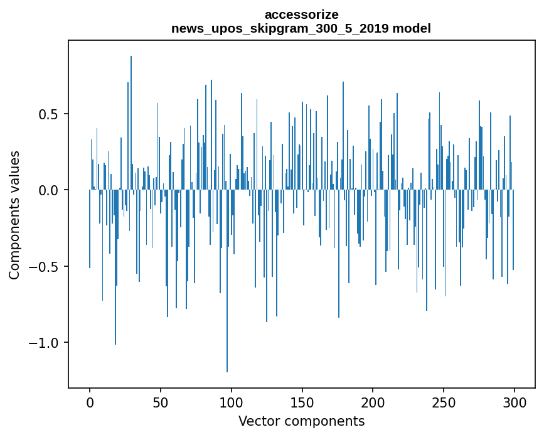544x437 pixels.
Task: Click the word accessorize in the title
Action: (x=301, y=14)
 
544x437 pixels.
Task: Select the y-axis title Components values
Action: (x=14, y=215)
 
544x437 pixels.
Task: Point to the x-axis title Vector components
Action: (x=301, y=421)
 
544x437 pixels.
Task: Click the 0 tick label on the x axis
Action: (x=90, y=402)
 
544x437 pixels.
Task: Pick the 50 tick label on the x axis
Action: (x=161, y=402)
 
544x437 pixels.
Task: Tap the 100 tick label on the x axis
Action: (x=231, y=402)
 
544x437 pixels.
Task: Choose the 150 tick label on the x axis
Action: (x=302, y=402)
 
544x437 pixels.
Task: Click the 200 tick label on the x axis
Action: (x=373, y=402)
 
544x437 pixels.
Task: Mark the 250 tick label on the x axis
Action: (x=444, y=402)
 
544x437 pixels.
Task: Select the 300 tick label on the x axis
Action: (x=514, y=402)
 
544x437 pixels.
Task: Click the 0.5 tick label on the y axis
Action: (x=50, y=114)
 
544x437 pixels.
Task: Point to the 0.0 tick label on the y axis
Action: (x=50, y=190)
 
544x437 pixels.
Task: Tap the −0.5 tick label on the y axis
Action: (x=46, y=267)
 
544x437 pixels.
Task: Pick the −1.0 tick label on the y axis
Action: (x=46, y=343)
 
